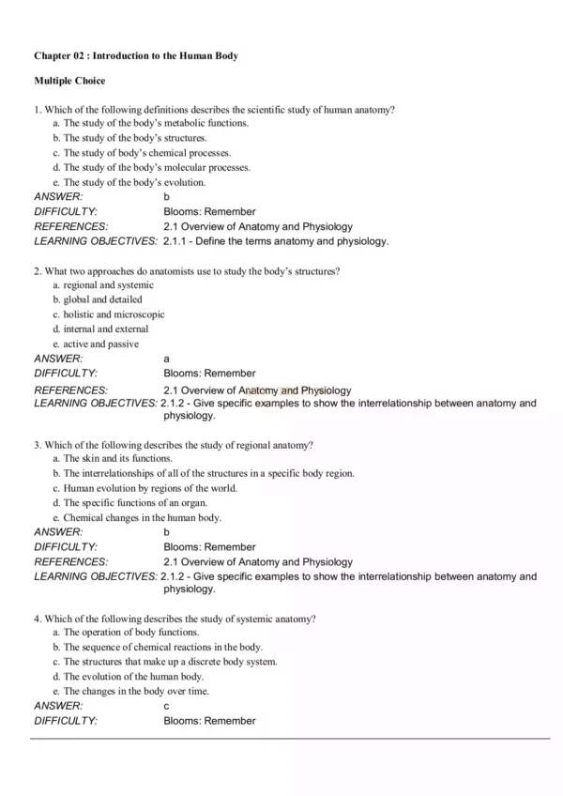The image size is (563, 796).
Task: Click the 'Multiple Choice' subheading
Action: pos(69,82)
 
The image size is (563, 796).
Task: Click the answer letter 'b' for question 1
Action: pos(167,197)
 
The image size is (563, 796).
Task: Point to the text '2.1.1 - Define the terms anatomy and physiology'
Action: pos(275,241)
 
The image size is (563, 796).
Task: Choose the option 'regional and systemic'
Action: pos(103,285)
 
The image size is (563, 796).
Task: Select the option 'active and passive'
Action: pos(96,344)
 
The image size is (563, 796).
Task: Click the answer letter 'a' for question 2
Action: pos(167,359)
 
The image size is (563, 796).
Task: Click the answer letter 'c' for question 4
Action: pos(167,706)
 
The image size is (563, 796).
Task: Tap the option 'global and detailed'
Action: pos(98,299)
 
